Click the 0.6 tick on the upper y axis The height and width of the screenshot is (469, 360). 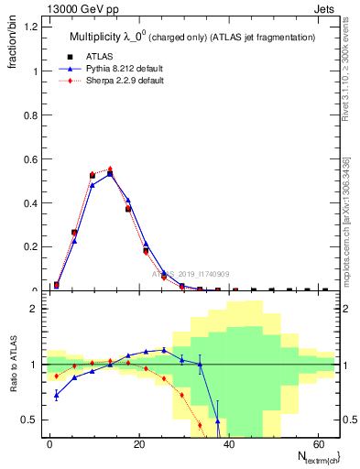(30, 159)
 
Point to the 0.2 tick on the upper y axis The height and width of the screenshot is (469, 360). (30, 247)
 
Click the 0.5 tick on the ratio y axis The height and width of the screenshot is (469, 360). (30, 420)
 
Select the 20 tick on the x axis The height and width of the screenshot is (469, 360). (138, 443)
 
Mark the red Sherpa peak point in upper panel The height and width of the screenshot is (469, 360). (111, 169)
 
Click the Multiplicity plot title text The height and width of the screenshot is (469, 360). (191, 38)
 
